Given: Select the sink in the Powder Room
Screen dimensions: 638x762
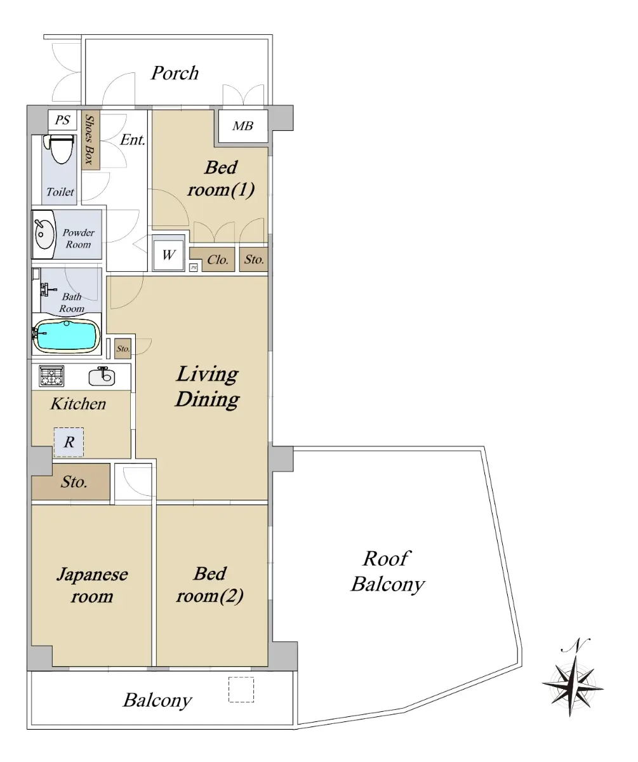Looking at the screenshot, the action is tap(43, 234).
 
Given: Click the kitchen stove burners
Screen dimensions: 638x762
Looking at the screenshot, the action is tap(51, 376).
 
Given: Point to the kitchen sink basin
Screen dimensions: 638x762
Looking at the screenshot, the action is tap(102, 377).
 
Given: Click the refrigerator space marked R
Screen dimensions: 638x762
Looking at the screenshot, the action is tap(69, 442).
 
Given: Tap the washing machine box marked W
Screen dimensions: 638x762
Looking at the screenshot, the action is tap(168, 255).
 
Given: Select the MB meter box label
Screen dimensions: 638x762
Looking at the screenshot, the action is tap(243, 126).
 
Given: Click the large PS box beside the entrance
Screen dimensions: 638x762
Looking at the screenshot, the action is tap(62, 120).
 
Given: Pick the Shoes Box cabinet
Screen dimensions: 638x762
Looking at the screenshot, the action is tap(91, 140).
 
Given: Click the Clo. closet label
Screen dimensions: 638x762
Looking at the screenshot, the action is tap(218, 260).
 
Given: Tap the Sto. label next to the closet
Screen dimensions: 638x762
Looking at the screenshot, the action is tap(254, 260).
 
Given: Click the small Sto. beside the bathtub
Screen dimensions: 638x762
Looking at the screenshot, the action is tap(123, 349).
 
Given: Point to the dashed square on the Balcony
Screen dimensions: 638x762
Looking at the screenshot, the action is tap(241, 690).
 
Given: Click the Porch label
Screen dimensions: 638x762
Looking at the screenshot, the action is tap(175, 73).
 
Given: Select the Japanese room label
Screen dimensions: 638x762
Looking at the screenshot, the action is tap(92, 585).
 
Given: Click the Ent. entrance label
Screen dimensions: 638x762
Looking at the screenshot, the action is tap(133, 140).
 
